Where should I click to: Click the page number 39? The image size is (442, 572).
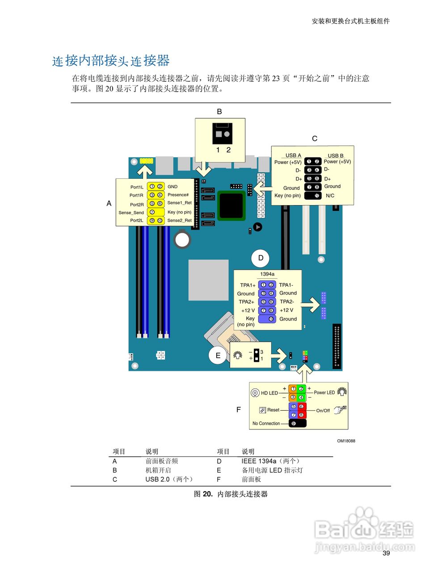[x=386, y=553]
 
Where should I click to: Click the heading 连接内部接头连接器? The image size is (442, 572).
[x=111, y=61]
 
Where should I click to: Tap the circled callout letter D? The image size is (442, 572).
[x=261, y=258]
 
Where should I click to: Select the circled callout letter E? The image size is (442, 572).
[x=218, y=356]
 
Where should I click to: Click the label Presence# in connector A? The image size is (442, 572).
[x=178, y=195]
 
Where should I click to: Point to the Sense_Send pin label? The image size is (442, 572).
[x=131, y=213]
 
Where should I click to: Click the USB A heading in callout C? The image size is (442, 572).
[x=293, y=156]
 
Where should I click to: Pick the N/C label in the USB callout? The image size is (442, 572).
[x=330, y=196]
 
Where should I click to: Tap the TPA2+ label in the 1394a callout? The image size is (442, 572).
[x=246, y=302]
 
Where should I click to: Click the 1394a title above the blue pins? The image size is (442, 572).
[x=267, y=274]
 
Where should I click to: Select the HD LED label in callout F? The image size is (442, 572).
[x=269, y=393]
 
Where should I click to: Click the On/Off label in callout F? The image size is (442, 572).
[x=323, y=410]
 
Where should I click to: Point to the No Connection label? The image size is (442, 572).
[x=266, y=423]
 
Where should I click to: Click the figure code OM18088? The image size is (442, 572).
[x=346, y=441]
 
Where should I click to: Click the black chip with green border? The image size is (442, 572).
[x=232, y=206]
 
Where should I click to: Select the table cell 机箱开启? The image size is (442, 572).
[x=158, y=470]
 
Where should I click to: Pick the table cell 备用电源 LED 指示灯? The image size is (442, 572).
[x=272, y=470]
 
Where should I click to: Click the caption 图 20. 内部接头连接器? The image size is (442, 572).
[x=231, y=494]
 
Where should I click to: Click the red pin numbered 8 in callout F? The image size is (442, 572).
[x=301, y=415]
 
